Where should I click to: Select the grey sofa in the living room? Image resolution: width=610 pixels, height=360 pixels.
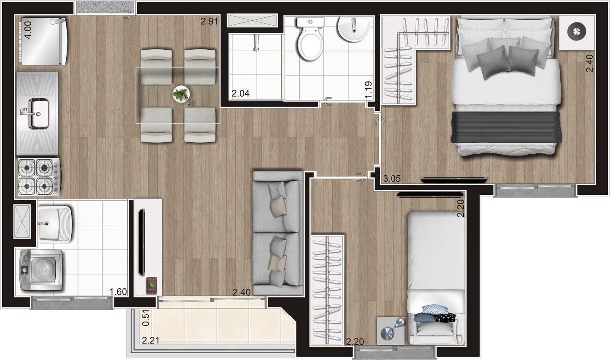[x=277, y=232]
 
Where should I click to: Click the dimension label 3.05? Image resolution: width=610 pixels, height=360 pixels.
[x=392, y=179]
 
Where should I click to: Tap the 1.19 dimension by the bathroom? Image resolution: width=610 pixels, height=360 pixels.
[x=369, y=90]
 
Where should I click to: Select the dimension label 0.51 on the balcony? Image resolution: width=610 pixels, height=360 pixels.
[x=146, y=318]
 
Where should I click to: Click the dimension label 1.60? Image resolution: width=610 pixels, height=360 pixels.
[x=118, y=292]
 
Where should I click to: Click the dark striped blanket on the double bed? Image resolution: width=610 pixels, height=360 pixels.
[x=506, y=127]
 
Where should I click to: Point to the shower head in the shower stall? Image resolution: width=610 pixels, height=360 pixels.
[x=255, y=43]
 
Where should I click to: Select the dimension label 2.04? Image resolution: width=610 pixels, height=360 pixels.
[x=241, y=94]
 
